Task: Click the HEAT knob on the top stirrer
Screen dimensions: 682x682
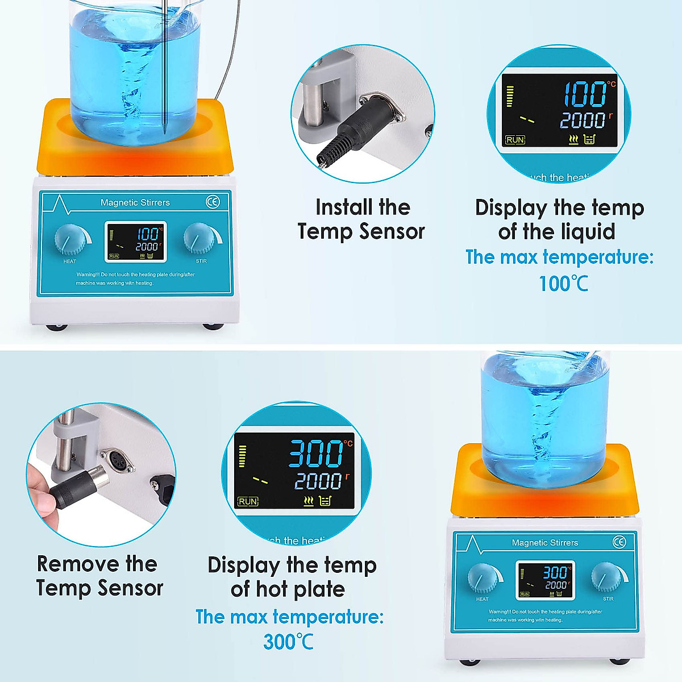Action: coord(70,239)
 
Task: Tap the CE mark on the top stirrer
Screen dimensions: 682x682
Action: coord(213,202)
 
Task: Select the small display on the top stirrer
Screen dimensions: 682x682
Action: coord(135,242)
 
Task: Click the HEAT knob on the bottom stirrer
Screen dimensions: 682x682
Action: coord(483,579)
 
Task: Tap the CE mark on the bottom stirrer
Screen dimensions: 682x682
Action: coord(619,542)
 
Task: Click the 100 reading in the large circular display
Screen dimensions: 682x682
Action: coord(585,94)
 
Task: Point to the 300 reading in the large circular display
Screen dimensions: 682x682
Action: coord(316,453)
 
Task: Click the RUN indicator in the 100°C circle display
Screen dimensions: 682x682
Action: coord(515,140)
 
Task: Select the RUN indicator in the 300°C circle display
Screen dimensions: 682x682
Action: coord(248,501)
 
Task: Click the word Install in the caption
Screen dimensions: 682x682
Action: coord(340,207)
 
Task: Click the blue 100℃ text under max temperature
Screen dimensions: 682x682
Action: coord(563,283)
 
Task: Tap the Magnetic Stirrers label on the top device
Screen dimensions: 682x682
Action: coord(135,202)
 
